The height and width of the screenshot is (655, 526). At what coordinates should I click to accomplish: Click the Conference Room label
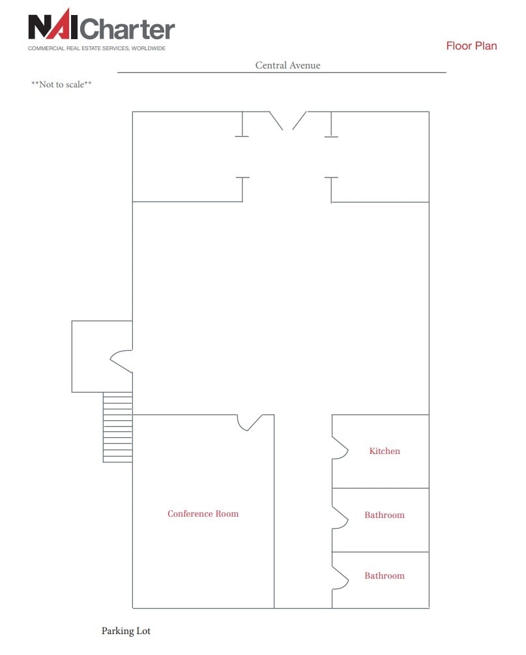pos(203,513)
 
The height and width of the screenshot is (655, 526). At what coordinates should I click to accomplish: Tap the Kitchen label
pos(385,451)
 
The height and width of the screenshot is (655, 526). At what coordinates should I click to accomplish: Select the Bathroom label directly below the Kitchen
pos(385,515)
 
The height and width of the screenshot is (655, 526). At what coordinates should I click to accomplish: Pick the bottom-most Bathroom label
pos(385,575)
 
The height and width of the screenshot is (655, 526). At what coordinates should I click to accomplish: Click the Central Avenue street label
pos(287,65)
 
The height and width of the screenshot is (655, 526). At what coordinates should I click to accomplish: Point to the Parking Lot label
pos(126,631)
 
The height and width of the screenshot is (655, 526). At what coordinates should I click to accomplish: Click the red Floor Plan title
pos(471,46)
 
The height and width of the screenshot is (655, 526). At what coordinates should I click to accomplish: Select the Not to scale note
pos(61,85)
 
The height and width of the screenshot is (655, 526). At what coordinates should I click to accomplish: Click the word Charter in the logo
pos(129,29)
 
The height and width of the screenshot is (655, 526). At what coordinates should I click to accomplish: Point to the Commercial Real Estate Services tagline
pos(96,48)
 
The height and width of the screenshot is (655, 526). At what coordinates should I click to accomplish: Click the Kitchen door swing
pos(340,448)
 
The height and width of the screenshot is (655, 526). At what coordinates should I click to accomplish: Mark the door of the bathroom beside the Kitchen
pos(340,517)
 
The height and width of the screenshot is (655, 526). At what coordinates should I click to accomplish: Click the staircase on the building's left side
pos(117,427)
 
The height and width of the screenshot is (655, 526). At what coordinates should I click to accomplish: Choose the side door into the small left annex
pos(122,361)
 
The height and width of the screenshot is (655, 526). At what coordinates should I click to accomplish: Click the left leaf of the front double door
pos(276,120)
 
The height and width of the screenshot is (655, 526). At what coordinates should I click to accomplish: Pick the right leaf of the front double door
pos(299,120)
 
